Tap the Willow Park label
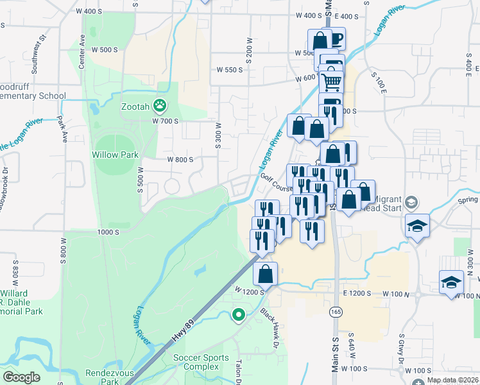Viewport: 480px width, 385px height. (x=114, y=155)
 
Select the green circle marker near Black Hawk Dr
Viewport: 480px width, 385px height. (x=239, y=314)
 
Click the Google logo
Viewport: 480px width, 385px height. (x=21, y=377)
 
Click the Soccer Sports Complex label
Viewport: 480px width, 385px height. (x=201, y=362)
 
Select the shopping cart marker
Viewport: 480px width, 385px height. (x=331, y=81)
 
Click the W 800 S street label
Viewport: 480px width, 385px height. (x=180, y=160)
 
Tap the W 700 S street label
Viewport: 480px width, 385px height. (x=165, y=121)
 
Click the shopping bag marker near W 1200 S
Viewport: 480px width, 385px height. (x=266, y=274)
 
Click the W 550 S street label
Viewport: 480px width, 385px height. (x=229, y=69)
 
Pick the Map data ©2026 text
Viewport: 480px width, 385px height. (x=452, y=380)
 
